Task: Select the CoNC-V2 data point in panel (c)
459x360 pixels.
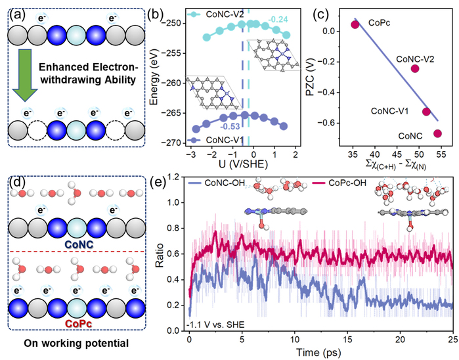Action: pos(414,68)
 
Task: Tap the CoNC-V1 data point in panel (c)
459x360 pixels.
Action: pos(426,112)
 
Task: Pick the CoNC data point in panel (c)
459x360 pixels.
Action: pos(437,133)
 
